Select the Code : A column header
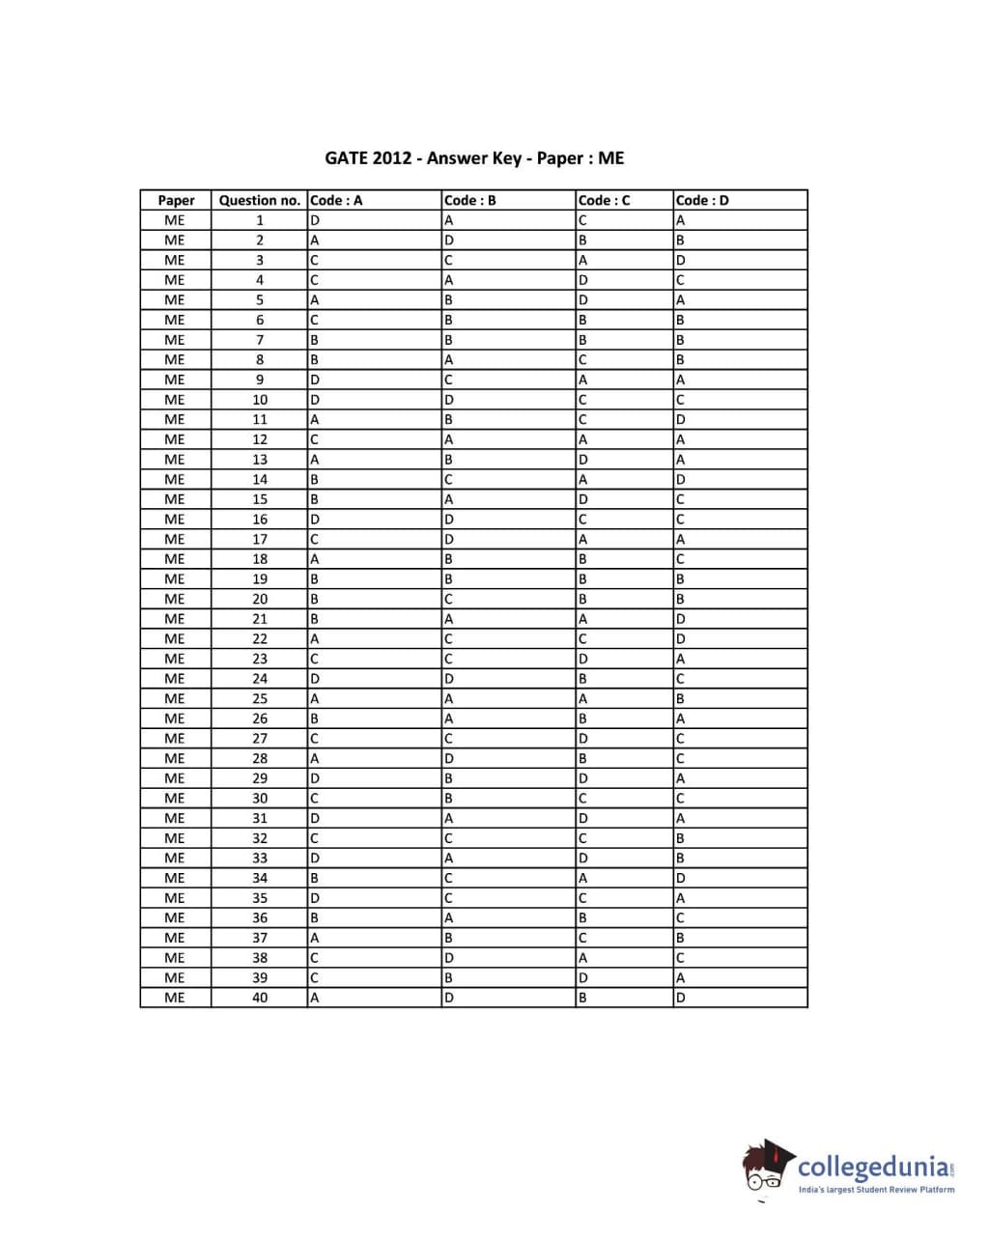tap(336, 201)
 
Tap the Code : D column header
tap(702, 201)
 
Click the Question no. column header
tap(259, 201)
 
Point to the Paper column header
tap(176, 201)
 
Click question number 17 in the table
tap(260, 539)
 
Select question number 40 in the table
tap(260, 998)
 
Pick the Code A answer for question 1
tap(315, 220)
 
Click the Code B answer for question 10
tap(448, 400)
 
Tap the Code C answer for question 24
tap(582, 679)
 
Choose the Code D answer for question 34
tap(681, 878)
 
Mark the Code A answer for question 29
tap(315, 778)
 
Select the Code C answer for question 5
tap(582, 300)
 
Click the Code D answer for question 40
tap(681, 998)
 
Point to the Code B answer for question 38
tap(448, 958)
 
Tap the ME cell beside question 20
tap(175, 599)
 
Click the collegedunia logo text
tap(873, 1167)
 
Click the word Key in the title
tap(508, 158)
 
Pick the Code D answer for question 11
tap(681, 420)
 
